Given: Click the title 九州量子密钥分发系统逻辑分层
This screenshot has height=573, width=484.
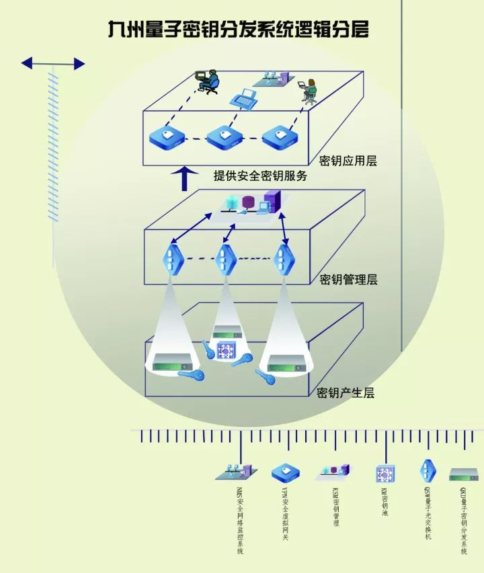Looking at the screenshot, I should (x=239, y=30).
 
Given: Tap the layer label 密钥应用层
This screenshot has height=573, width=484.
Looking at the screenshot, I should (x=348, y=161).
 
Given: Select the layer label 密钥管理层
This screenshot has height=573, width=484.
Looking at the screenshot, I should (x=348, y=279).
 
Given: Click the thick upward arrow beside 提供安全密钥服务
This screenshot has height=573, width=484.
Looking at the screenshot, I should (x=188, y=178).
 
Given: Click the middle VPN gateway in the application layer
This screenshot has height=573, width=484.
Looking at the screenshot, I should (x=223, y=138).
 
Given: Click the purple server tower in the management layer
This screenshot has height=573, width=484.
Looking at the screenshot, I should (x=272, y=200).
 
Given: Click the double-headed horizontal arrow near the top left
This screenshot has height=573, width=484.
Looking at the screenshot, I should (x=53, y=64).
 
